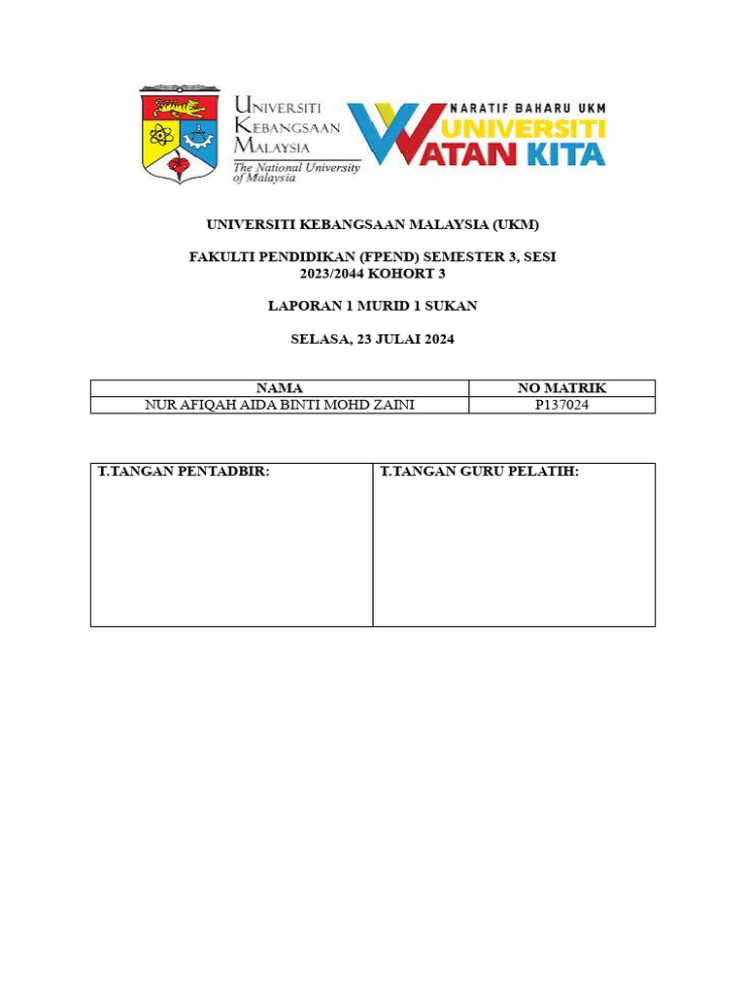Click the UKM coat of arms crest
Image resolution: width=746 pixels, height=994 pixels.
click(180, 135)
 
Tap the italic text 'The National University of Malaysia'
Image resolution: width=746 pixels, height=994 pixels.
click(295, 173)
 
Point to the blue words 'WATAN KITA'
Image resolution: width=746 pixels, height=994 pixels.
click(529, 153)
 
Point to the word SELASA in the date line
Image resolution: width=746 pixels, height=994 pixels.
click(318, 339)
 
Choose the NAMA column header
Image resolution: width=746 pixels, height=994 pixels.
click(279, 388)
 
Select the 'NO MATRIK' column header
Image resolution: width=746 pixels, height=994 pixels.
click(561, 388)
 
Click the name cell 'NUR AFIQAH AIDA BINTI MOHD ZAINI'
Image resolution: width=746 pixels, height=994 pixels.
click(279, 405)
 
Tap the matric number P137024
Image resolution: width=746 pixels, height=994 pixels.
click(561, 405)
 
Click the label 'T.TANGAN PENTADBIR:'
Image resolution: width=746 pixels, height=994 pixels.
click(184, 472)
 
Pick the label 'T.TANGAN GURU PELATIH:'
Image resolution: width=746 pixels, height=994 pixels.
click(479, 472)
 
